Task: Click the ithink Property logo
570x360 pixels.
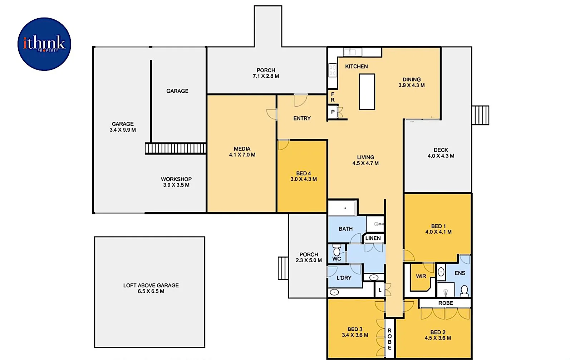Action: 44,44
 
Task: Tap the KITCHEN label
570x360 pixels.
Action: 356,67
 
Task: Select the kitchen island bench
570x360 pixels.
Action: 367,92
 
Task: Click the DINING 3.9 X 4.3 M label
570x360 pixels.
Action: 412,82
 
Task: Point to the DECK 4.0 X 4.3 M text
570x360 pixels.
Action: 441,153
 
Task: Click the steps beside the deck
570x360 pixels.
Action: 480,115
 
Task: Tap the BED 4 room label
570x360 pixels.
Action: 303,176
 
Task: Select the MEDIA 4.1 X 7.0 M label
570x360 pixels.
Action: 242,152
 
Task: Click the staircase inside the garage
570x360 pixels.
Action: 175,149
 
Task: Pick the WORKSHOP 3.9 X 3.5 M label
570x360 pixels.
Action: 176,182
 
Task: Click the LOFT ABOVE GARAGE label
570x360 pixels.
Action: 151,288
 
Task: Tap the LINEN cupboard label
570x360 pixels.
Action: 373,238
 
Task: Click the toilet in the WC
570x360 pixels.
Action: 336,250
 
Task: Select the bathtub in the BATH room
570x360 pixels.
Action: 343,208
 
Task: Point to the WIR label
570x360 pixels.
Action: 421,276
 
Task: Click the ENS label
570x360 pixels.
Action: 460,273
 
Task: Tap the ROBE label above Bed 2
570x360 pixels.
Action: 446,303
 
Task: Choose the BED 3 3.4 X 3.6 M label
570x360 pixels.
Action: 355,332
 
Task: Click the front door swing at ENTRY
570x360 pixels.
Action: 300,100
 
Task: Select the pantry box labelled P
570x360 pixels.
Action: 333,112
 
